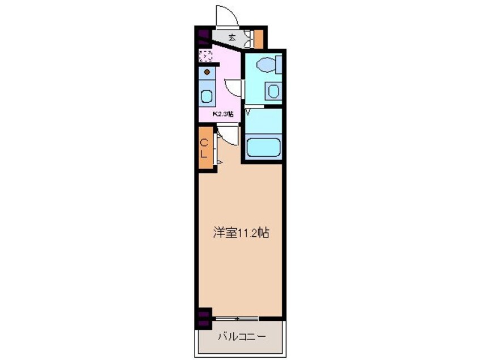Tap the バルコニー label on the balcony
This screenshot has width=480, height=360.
[241, 337]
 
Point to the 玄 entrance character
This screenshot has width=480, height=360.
[233, 37]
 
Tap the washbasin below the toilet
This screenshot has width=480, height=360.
[273, 91]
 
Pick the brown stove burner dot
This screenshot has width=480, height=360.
[207, 72]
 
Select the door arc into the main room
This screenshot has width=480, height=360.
[227, 135]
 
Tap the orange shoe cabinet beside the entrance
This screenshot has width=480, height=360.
[259, 38]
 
